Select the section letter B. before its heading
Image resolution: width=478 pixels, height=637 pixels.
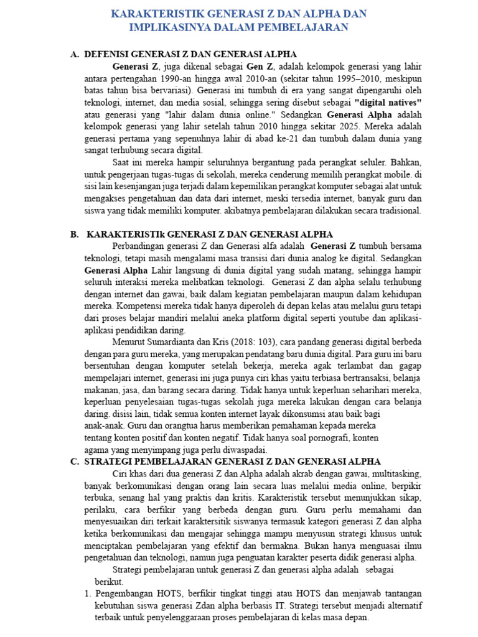(x=74, y=234)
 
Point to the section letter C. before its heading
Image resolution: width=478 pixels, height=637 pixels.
(x=74, y=462)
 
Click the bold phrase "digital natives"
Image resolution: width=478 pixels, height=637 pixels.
(x=388, y=102)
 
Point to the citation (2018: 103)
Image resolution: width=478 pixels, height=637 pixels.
(x=250, y=342)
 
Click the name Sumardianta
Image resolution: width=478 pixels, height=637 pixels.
(x=179, y=342)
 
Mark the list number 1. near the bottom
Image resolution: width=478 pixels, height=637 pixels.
(x=88, y=593)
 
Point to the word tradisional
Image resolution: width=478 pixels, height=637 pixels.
(x=400, y=210)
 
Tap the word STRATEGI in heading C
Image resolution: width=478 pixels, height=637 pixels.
(x=111, y=462)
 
